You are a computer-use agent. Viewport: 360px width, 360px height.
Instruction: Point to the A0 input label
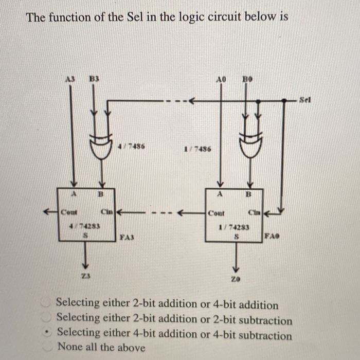221,80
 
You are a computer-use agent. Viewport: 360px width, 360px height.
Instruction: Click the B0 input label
247,80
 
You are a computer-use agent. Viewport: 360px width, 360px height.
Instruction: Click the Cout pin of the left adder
68,211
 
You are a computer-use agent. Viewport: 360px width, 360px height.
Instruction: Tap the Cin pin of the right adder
255,212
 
